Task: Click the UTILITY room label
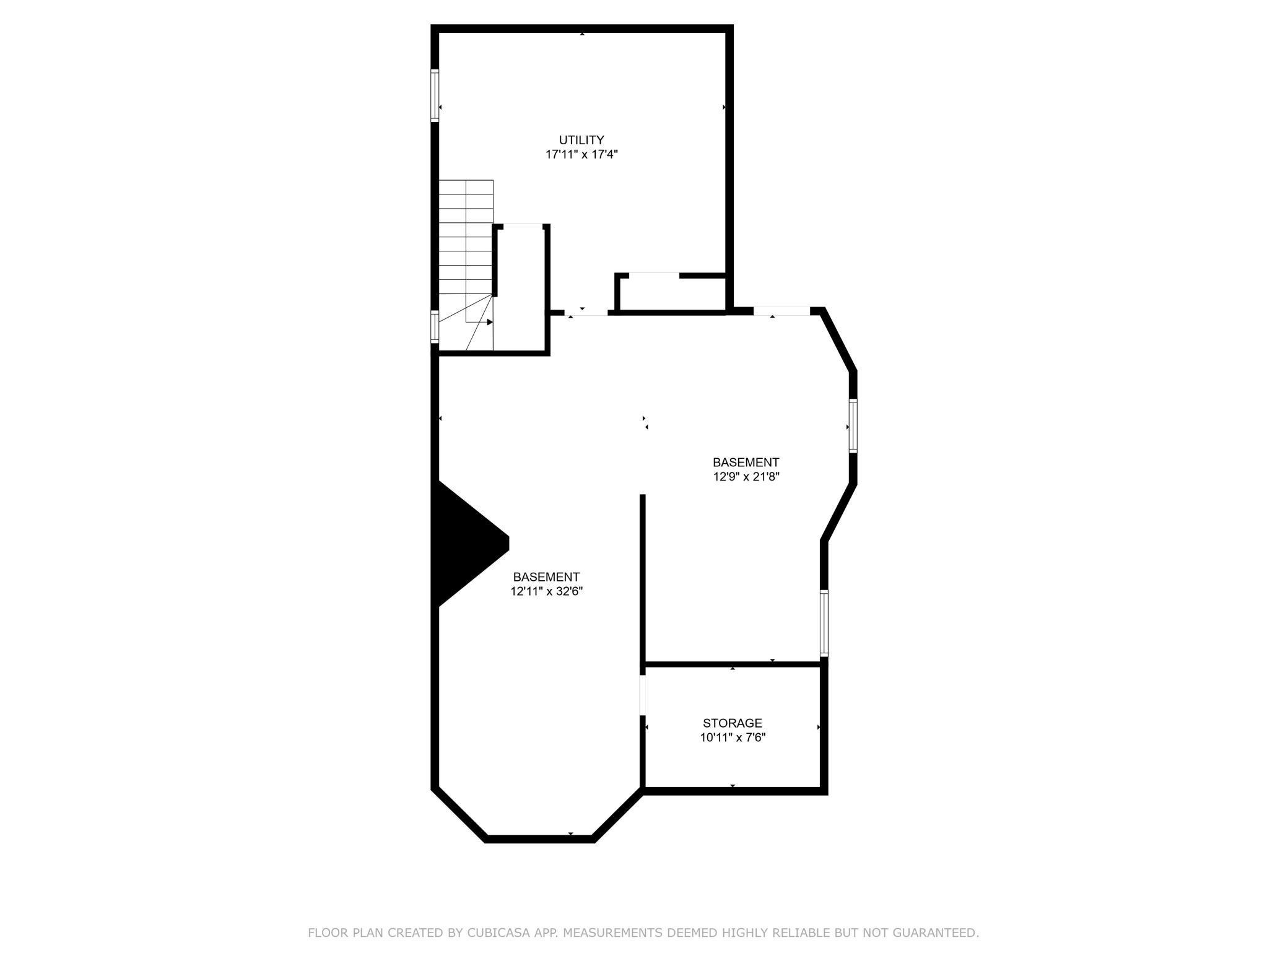click(581, 140)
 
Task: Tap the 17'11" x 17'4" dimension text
click(581, 154)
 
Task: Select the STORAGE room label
click(732, 723)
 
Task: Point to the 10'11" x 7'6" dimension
click(733, 737)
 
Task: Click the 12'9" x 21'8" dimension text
click(746, 477)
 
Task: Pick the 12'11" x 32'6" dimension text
click(546, 591)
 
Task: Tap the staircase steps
click(466, 248)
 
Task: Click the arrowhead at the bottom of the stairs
click(489, 322)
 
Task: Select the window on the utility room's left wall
click(435, 95)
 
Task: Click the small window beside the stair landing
click(435, 326)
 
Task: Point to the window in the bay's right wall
click(853, 425)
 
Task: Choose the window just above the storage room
click(824, 623)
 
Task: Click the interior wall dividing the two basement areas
click(643, 579)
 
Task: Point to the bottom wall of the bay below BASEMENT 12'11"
click(539, 839)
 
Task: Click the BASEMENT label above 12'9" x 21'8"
click(746, 462)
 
